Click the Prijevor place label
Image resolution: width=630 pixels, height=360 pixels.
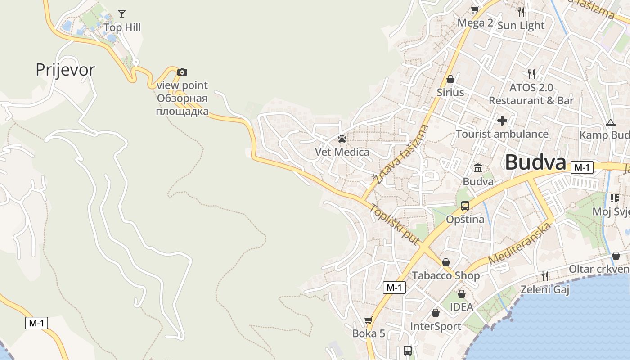[x=65, y=70]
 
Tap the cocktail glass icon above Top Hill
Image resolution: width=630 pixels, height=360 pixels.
[x=121, y=14]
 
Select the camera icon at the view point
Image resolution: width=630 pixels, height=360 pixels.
[x=182, y=72]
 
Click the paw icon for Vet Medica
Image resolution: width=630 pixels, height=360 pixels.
[x=342, y=139]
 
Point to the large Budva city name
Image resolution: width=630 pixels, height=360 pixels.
[x=535, y=162]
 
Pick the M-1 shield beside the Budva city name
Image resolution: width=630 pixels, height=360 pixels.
[x=582, y=168]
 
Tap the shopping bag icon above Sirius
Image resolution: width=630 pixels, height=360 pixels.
[x=450, y=80]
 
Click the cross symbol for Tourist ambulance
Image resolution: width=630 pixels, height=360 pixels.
[x=502, y=121]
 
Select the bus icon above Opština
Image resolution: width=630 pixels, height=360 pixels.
[x=465, y=206]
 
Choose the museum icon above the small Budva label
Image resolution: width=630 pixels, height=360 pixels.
[x=478, y=168]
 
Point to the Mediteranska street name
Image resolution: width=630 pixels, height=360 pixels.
[x=520, y=243]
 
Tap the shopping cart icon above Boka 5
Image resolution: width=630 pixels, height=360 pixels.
[x=369, y=320]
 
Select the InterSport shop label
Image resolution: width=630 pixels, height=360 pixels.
[x=436, y=326]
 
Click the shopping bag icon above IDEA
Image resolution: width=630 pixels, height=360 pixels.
[x=462, y=294]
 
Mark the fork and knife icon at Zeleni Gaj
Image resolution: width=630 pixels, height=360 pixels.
[x=545, y=276]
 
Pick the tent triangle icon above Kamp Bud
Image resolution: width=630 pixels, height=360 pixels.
[x=610, y=122]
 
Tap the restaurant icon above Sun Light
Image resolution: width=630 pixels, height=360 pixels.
[x=521, y=12]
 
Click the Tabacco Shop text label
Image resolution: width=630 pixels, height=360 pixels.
[x=446, y=275]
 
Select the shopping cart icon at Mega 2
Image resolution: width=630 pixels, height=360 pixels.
[x=475, y=9]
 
